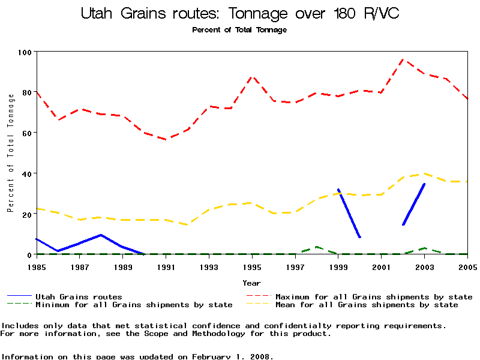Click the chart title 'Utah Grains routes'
coord(240,14)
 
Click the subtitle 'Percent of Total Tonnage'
coord(239,30)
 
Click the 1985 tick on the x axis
coord(37,267)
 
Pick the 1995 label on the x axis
coord(253,267)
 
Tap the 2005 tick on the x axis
coord(467,267)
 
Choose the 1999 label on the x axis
coord(338,267)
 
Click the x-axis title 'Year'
coord(251,283)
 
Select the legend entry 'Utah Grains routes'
coord(78,296)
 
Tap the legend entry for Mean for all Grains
coord(366,305)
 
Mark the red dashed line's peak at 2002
coord(403,59)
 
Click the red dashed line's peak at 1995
coord(253,77)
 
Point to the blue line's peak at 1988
coord(101,235)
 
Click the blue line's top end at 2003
coord(424,184)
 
